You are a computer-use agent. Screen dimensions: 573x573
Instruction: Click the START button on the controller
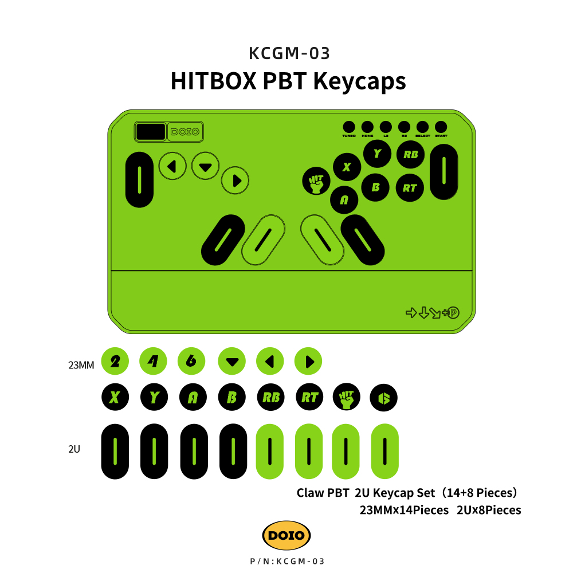[441, 127]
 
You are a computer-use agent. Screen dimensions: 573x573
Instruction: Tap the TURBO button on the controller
[349, 127]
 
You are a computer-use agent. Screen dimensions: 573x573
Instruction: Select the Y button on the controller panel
[376, 154]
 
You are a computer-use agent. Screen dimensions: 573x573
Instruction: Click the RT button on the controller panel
[410, 187]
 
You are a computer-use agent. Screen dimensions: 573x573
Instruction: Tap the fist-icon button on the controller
[316, 181]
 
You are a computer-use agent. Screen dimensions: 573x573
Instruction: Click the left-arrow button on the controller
[172, 167]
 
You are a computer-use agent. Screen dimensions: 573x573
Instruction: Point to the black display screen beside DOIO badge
[150, 132]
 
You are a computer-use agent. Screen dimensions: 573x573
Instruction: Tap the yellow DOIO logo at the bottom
[286, 536]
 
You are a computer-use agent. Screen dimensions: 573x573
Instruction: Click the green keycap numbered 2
[115, 361]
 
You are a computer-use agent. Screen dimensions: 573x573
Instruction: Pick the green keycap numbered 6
[192, 361]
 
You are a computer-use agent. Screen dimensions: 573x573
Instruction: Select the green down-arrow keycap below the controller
[231, 362]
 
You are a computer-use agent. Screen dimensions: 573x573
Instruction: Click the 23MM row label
[81, 364]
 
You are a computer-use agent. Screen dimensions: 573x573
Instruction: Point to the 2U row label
[74, 449]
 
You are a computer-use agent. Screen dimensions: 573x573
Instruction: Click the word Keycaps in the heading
[360, 81]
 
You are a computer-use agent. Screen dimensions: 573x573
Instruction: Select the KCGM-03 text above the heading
[289, 53]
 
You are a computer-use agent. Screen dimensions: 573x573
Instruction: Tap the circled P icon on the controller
[454, 313]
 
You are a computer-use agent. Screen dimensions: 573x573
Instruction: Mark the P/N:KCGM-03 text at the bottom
[288, 562]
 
